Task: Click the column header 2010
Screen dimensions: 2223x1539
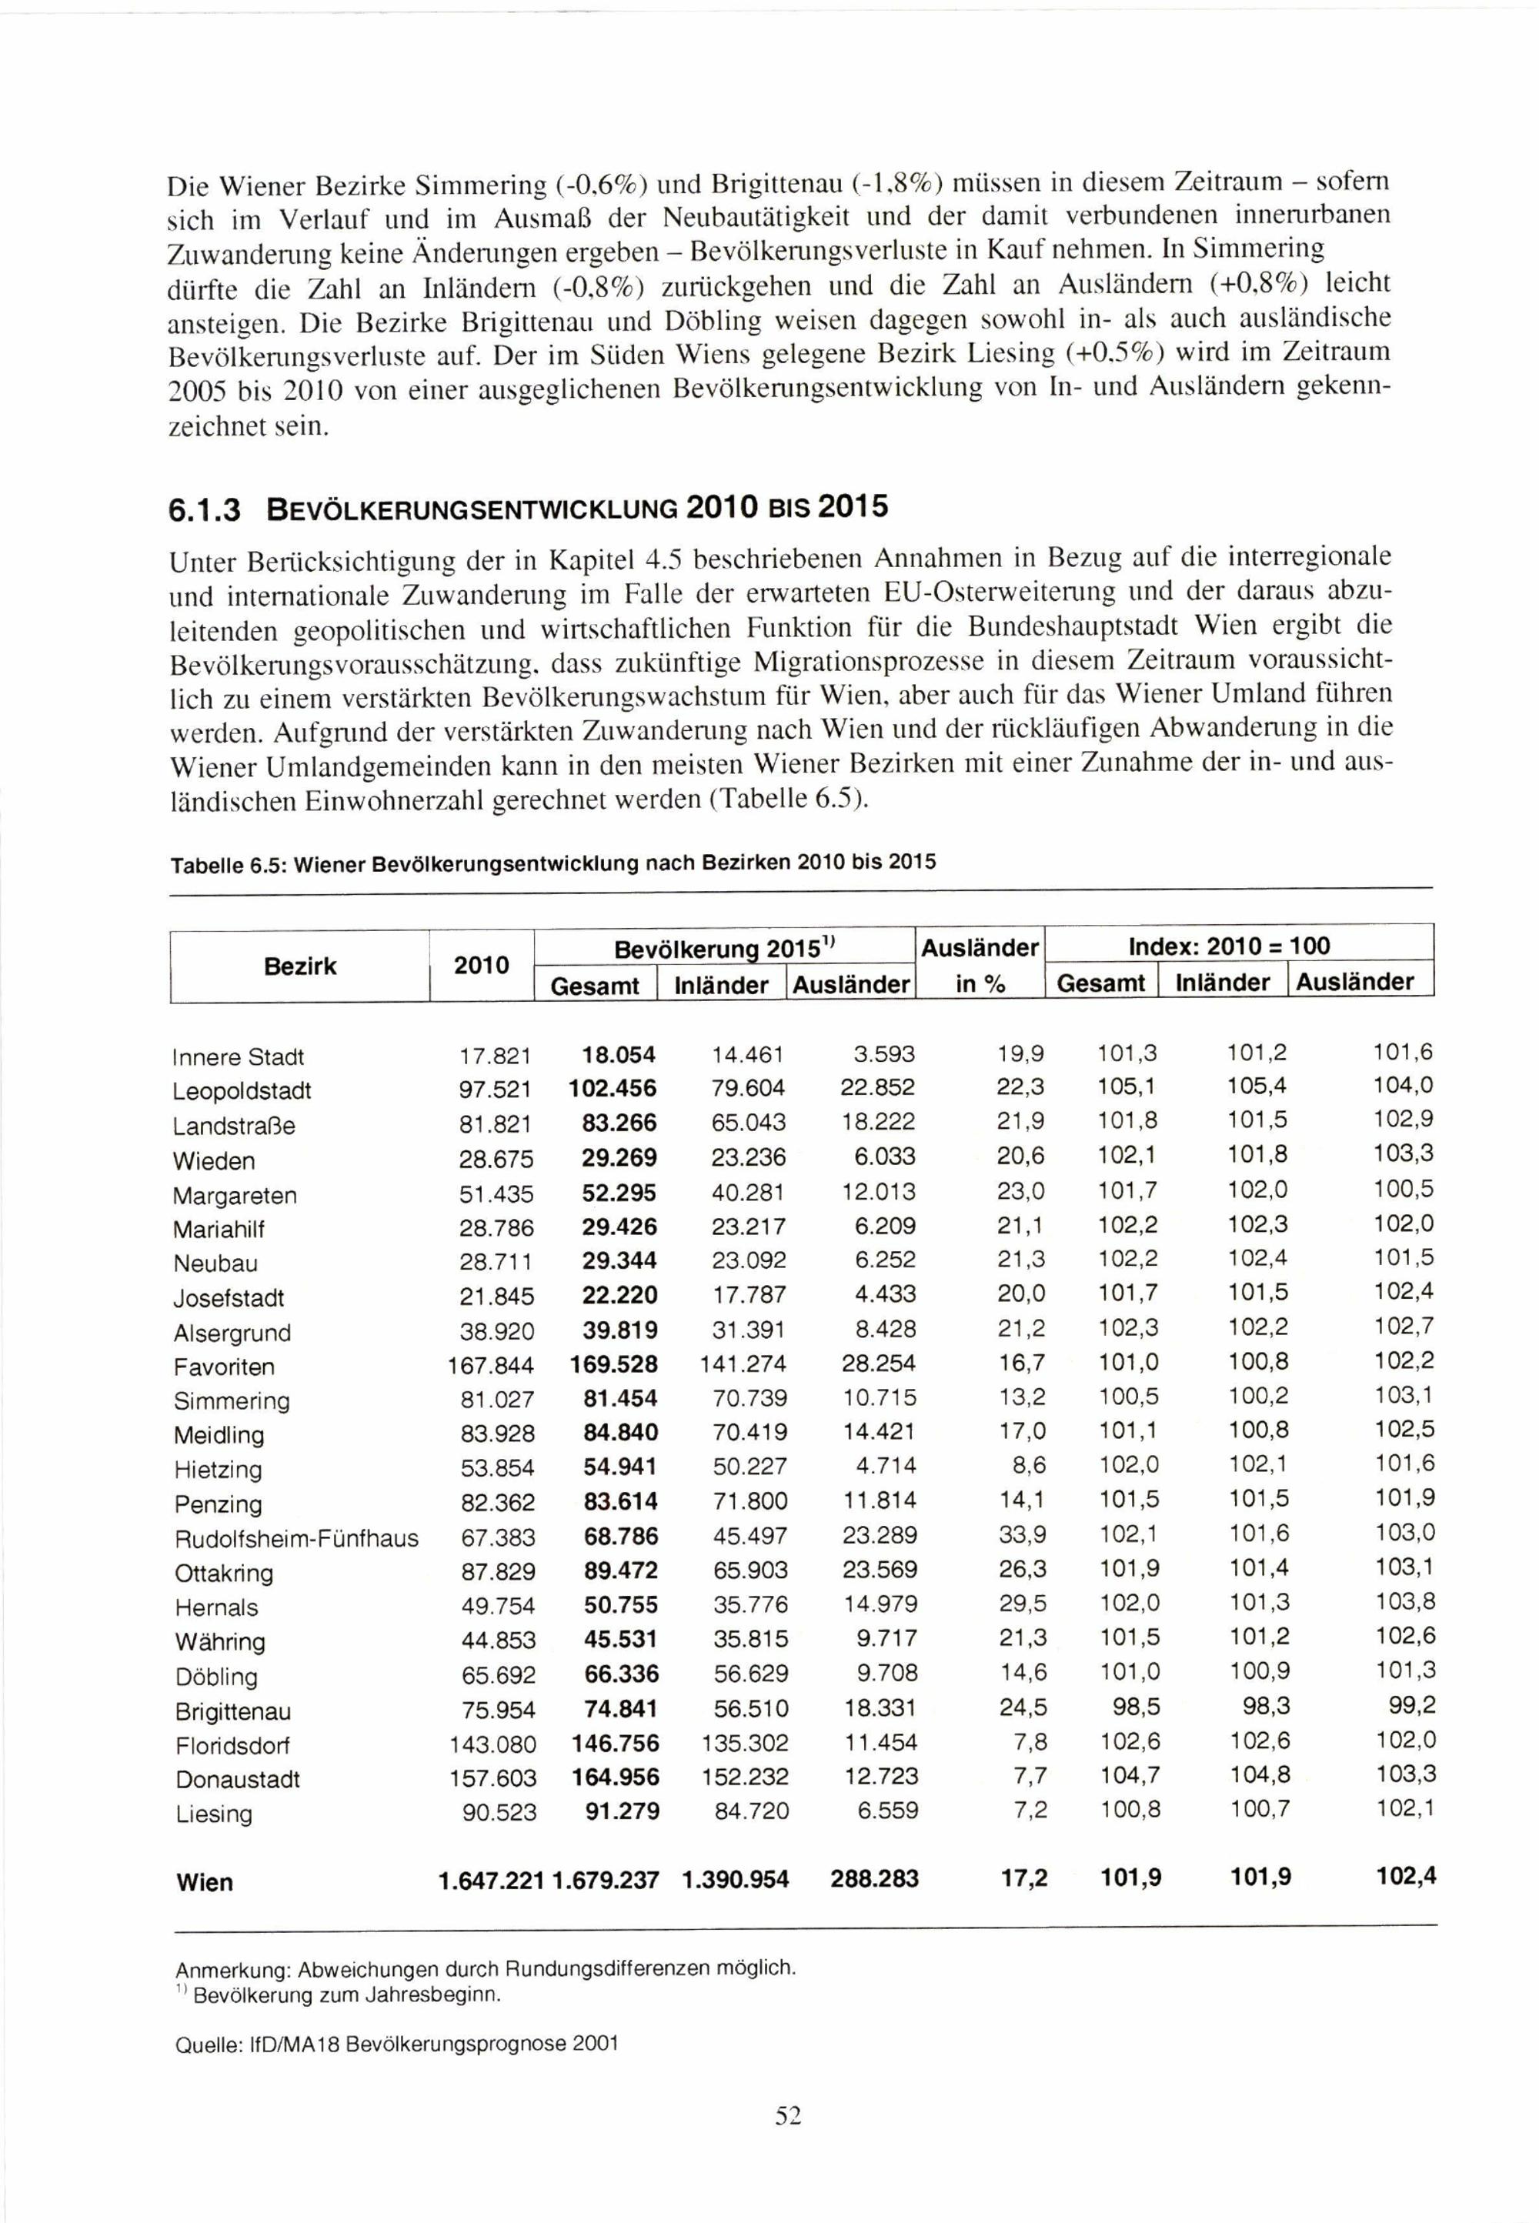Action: pyautogui.click(x=481, y=966)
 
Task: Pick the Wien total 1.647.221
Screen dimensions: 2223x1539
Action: pyautogui.click(x=492, y=1881)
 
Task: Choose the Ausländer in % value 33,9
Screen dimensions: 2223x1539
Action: pyautogui.click(x=1023, y=1536)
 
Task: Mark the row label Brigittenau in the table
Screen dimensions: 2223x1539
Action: pyautogui.click(x=232, y=1712)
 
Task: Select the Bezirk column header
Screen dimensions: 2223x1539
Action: pyautogui.click(x=300, y=966)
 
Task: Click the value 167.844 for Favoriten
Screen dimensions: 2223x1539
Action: pyautogui.click(x=490, y=1366)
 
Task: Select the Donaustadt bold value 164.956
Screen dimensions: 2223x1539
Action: pyautogui.click(x=615, y=1777)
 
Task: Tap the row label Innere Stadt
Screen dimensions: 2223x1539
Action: pyautogui.click(x=239, y=1056)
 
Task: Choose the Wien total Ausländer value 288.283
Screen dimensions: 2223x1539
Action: pyautogui.click(x=873, y=1879)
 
